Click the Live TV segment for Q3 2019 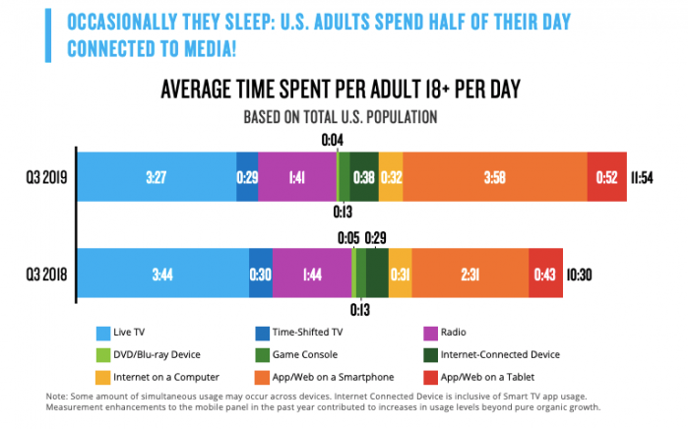[x=156, y=177]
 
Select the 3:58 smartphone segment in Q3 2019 [x=495, y=177]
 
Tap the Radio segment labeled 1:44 [x=311, y=273]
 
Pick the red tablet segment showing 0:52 [x=607, y=177]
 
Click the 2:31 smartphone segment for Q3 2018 [x=470, y=273]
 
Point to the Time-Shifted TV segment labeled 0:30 [x=261, y=273]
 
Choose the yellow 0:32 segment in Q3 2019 [x=391, y=177]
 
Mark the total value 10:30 [x=581, y=273]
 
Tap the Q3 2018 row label [x=45, y=273]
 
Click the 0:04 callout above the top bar [x=333, y=142]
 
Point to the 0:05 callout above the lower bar [x=348, y=237]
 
